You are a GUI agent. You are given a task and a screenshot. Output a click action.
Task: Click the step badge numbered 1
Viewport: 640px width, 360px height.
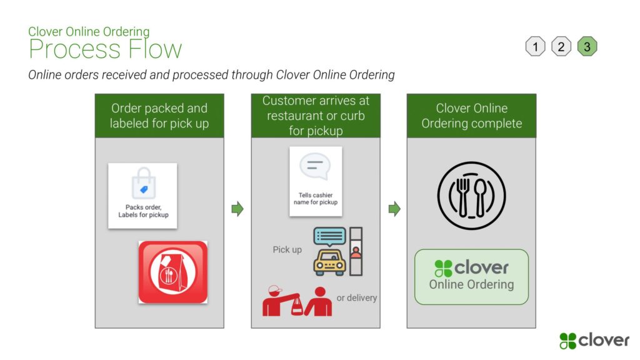(x=535, y=46)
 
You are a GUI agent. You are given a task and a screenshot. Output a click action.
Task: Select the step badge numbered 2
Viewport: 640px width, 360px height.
(x=561, y=46)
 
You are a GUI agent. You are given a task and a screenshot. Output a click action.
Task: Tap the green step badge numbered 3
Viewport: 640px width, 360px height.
(x=587, y=46)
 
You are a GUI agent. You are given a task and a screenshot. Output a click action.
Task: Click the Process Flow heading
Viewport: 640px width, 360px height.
(x=105, y=49)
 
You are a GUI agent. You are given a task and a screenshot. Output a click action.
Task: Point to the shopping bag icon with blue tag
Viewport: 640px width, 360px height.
(x=143, y=183)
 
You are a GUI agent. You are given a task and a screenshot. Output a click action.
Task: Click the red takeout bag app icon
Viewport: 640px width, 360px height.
(x=173, y=272)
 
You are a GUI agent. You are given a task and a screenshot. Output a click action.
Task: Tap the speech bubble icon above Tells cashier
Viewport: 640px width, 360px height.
(x=315, y=166)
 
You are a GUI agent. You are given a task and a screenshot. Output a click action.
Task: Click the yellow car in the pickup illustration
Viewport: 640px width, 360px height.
(x=329, y=262)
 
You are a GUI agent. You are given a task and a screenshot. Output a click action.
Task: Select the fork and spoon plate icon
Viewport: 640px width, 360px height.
(x=471, y=196)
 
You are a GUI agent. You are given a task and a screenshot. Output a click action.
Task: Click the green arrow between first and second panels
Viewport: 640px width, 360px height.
(x=237, y=209)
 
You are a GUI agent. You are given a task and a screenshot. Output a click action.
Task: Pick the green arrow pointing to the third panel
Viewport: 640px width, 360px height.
(x=394, y=209)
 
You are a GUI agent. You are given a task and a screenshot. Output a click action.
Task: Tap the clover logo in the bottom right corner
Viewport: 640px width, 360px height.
(x=594, y=341)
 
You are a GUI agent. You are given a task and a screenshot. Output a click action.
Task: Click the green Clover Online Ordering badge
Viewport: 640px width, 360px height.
(x=471, y=277)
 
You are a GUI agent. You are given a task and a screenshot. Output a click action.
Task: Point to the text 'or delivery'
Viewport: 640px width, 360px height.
(x=356, y=298)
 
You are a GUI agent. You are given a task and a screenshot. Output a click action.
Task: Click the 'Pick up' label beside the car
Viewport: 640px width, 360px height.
(x=287, y=249)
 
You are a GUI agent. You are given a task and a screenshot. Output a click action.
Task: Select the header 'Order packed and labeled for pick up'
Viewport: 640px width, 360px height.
(x=159, y=116)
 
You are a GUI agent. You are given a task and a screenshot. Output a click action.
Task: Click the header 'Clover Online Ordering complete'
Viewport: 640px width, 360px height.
(x=471, y=116)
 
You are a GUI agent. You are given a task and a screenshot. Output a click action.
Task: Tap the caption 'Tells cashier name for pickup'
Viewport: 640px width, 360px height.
(x=316, y=198)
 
